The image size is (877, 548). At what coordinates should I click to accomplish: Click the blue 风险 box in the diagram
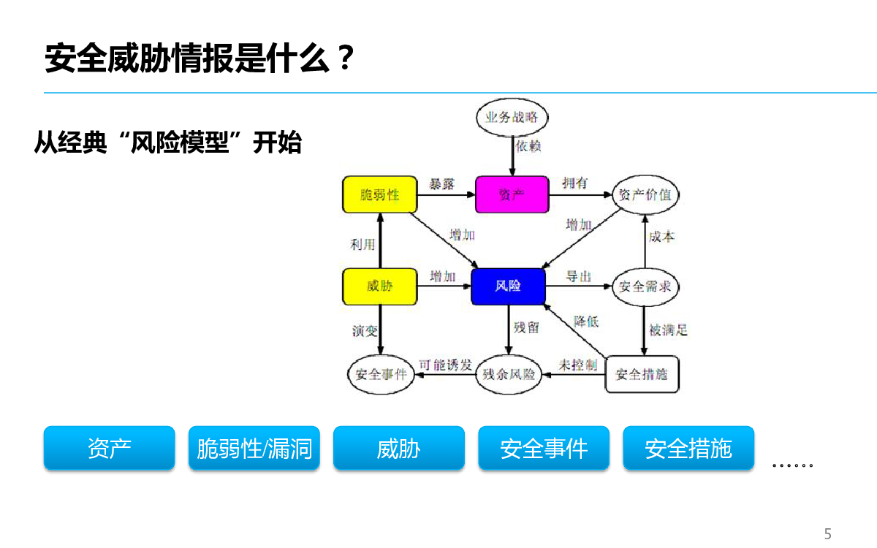[508, 286]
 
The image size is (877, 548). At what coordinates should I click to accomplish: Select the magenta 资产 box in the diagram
[512, 194]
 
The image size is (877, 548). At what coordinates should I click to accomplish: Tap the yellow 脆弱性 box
[380, 194]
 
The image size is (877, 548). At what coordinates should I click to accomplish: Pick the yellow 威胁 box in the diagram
[380, 286]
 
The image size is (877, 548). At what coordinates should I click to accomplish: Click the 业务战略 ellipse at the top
[512, 117]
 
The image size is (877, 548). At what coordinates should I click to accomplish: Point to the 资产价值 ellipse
[645, 194]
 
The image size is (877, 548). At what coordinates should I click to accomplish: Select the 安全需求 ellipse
[645, 286]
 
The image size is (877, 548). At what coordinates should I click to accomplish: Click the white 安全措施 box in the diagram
[642, 374]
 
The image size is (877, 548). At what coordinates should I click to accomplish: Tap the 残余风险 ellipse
[509, 375]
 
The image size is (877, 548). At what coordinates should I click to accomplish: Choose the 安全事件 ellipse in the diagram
[381, 375]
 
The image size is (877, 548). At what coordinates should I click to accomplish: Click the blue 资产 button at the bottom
[109, 448]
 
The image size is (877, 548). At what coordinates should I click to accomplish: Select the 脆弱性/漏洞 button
[254, 448]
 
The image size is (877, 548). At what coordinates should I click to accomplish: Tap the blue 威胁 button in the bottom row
[399, 448]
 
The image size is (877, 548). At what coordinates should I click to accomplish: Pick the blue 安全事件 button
[544, 448]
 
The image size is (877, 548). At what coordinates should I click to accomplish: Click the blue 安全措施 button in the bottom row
[688, 448]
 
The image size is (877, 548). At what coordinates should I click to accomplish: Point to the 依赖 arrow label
[528, 146]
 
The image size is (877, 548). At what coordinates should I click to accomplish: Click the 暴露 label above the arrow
[441, 184]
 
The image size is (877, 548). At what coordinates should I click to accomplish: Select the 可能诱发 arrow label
[446, 365]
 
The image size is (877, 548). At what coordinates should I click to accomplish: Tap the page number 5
[827, 534]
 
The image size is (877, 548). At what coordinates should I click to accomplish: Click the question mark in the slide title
[345, 58]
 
